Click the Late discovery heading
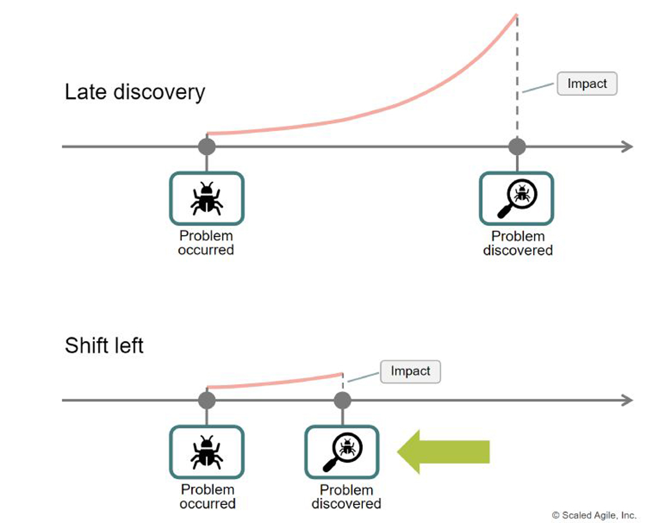(135, 92)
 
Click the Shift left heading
(104, 345)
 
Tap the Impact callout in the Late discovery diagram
(587, 84)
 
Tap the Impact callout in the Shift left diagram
(410, 371)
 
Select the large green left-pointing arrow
(443, 451)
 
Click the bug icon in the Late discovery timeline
(207, 198)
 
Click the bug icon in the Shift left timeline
(207, 452)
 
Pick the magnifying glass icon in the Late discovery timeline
(517, 198)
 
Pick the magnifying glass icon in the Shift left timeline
(342, 452)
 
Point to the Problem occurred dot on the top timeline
(207, 147)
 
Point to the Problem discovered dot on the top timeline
(517, 147)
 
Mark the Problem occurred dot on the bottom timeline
(207, 400)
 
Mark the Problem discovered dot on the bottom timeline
(342, 400)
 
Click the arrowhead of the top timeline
(628, 147)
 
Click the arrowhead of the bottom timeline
(628, 400)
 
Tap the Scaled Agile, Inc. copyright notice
(594, 515)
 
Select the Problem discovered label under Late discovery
(518, 243)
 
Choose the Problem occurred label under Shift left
(208, 497)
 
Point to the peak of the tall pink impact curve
(516, 15)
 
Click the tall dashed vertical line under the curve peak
(517, 77)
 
